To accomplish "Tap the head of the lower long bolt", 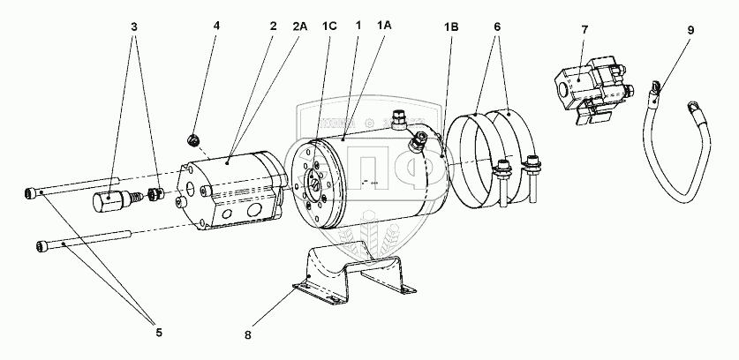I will click(x=44, y=244).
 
